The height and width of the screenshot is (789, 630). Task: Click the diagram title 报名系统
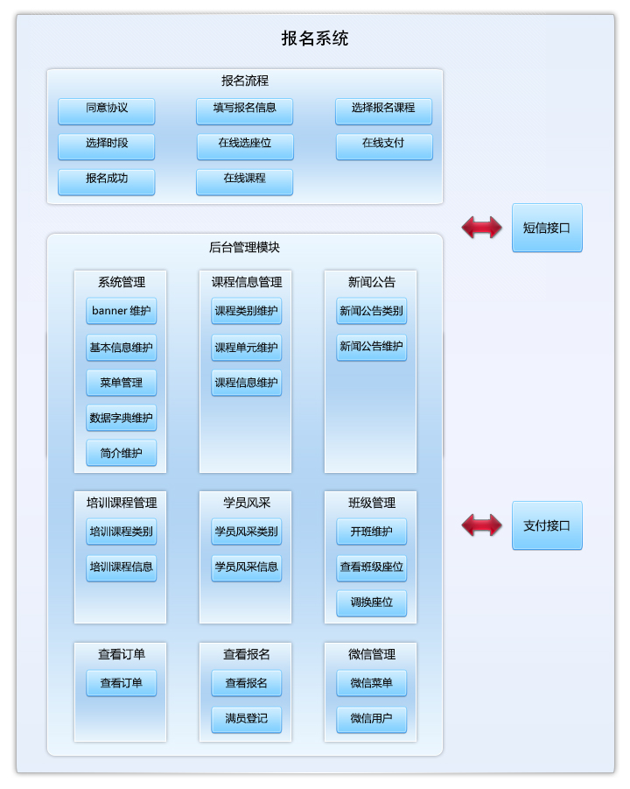pyautogui.click(x=315, y=39)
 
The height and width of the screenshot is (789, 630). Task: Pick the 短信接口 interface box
pyautogui.click(x=547, y=228)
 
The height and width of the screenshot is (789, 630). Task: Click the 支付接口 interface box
pyautogui.click(x=547, y=525)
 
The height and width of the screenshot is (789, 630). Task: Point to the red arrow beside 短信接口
pyautogui.click(x=482, y=228)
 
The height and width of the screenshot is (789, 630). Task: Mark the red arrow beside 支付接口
pyautogui.click(x=482, y=525)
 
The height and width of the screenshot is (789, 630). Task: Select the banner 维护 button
pyautogui.click(x=122, y=311)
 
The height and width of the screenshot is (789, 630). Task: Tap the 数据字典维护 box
pyautogui.click(x=122, y=418)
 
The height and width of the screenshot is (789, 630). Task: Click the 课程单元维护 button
pyautogui.click(x=247, y=348)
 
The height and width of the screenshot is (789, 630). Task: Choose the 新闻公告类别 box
pyautogui.click(x=372, y=311)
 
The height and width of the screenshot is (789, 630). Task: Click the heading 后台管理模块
pyautogui.click(x=245, y=248)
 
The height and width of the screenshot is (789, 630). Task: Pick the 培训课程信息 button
pyautogui.click(x=122, y=567)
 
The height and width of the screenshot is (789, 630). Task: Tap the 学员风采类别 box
pyautogui.click(x=247, y=532)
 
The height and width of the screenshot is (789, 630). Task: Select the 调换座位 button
pyautogui.click(x=372, y=602)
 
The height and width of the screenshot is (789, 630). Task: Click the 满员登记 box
pyautogui.click(x=247, y=719)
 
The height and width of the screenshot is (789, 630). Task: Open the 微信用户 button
pyautogui.click(x=372, y=719)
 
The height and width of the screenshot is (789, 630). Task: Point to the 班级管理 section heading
pyautogui.click(x=372, y=503)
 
